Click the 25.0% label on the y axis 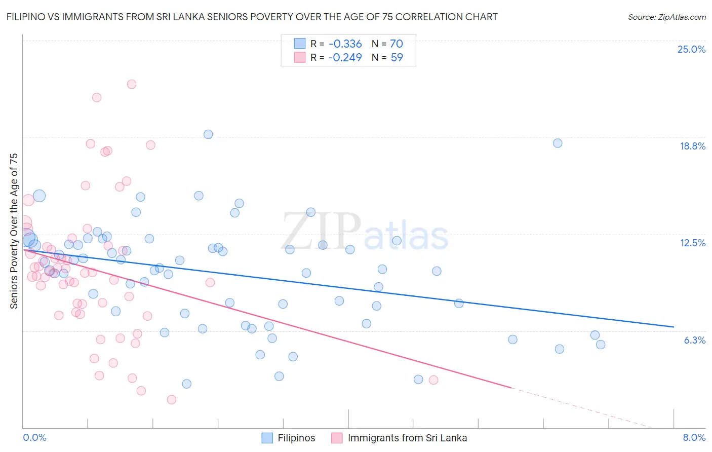[691, 49]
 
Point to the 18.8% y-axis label [692, 146]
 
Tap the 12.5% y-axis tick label [692, 243]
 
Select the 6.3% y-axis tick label [694, 340]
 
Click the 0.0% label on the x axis [34, 437]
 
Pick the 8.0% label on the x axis [694, 437]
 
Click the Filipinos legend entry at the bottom [296, 438]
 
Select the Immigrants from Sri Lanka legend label [407, 438]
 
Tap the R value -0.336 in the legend [345, 44]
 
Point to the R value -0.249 [345, 57]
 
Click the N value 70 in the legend [397, 44]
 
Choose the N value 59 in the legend [397, 57]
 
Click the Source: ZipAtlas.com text [666, 17]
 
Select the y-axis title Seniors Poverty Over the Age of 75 [14, 231]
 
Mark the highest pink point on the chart [132, 84]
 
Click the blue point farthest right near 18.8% [558, 143]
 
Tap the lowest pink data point [172, 399]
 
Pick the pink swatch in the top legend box [300, 57]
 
